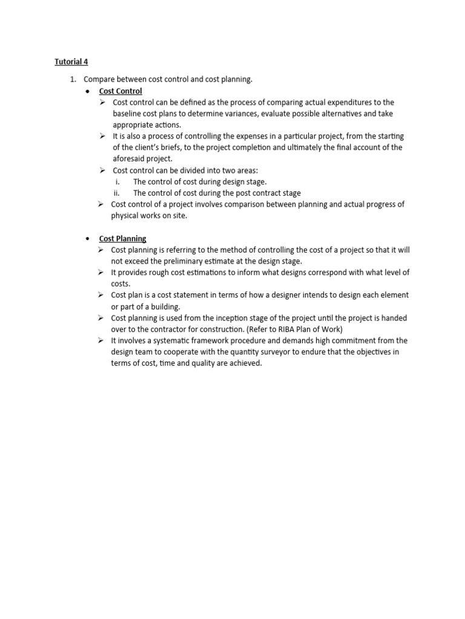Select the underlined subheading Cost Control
(120, 91)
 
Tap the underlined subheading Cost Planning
(123, 238)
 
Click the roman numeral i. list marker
(117, 181)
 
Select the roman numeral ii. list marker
(117, 193)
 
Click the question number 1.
(73, 79)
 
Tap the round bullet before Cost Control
(88, 91)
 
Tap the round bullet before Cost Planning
(88, 239)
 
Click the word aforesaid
(128, 158)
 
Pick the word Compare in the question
(99, 79)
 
